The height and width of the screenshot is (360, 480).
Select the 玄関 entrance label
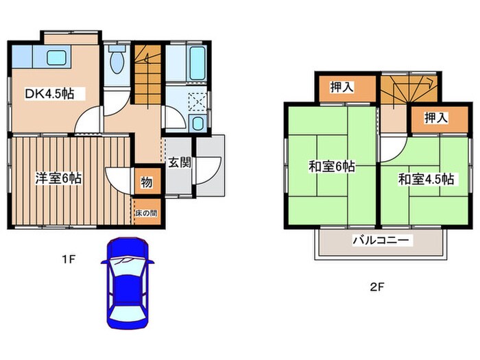click(x=180, y=163)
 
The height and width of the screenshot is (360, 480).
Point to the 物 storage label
click(x=147, y=183)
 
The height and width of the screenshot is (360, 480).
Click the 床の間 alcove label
click(x=145, y=213)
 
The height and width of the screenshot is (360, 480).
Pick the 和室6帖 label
click(x=331, y=166)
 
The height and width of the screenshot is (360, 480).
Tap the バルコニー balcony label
click(x=381, y=241)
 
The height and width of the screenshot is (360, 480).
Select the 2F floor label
click(x=376, y=287)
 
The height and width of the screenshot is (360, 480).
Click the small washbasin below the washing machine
click(x=198, y=123)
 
